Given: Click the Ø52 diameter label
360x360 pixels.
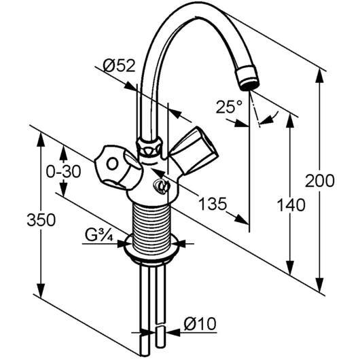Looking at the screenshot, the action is pyautogui.click(x=119, y=66).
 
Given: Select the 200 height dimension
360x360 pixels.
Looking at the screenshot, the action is pyautogui.click(x=320, y=181).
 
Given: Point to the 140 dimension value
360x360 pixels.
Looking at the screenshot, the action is pyautogui.click(x=291, y=205).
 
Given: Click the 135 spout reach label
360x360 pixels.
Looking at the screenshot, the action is pyautogui.click(x=213, y=204).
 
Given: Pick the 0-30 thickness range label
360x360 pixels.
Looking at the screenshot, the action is pyautogui.click(x=64, y=171).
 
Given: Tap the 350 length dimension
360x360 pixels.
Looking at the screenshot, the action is pyautogui.click(x=41, y=219).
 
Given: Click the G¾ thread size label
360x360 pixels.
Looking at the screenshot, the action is pyautogui.click(x=99, y=234).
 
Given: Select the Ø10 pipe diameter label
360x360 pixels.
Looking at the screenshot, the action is pyautogui.click(x=200, y=324).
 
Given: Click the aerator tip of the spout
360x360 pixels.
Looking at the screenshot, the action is pyautogui.click(x=248, y=78).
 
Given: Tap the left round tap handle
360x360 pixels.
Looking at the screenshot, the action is pyautogui.click(x=117, y=167).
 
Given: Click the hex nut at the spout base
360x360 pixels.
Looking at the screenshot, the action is pyautogui.click(x=149, y=146).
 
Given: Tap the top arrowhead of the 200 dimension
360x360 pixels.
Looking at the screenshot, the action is pyautogui.click(x=320, y=75).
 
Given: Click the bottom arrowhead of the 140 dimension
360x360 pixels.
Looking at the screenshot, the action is pyautogui.click(x=291, y=268).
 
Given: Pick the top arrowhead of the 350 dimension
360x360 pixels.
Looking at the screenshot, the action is pyautogui.click(x=41, y=139).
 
